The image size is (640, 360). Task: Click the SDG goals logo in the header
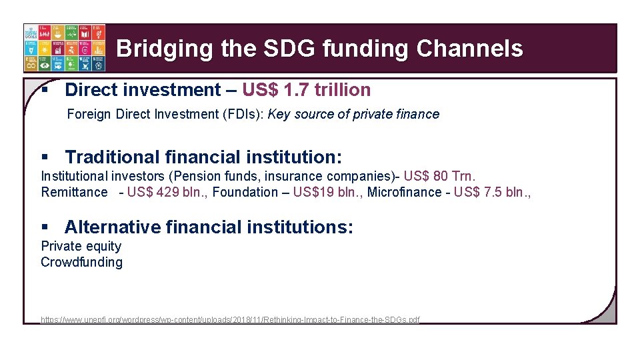[x=64, y=48]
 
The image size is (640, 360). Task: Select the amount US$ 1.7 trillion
[x=306, y=90]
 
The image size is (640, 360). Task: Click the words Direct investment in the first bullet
[x=143, y=90]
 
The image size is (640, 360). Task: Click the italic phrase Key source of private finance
[x=353, y=114]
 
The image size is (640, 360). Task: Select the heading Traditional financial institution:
[x=203, y=157]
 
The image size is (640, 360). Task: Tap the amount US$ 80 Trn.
[x=440, y=176]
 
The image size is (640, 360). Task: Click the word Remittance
[x=74, y=192]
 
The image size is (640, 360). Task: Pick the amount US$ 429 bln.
[x=167, y=192]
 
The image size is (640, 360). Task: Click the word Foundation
[x=245, y=192]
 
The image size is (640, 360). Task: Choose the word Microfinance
[x=404, y=192]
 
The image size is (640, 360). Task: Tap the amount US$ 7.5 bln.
[x=493, y=192]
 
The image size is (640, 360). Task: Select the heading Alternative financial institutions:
[x=209, y=227]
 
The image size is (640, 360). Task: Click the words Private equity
[x=81, y=246]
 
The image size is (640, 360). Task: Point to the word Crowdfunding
[x=81, y=262]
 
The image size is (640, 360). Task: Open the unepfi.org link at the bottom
[x=230, y=320]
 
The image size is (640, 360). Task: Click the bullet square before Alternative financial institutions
[x=45, y=227]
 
